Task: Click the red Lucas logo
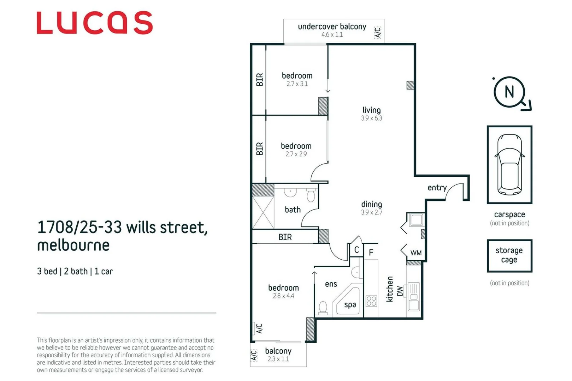94,23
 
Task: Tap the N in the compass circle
509,92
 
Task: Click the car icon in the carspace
509,164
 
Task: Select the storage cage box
509,256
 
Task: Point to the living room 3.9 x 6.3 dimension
371,118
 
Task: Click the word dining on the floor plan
371,204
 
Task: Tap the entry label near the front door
437,188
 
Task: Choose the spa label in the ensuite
350,305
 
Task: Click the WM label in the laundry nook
416,253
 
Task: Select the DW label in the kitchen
400,291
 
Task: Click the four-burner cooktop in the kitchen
371,301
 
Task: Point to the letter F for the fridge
371,253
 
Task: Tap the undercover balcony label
332,27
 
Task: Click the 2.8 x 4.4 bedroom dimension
283,296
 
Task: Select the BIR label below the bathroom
285,237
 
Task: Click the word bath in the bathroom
293,210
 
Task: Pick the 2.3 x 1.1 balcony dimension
278,359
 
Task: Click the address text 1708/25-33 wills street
122,228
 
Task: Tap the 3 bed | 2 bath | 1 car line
75,271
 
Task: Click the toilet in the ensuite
323,308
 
